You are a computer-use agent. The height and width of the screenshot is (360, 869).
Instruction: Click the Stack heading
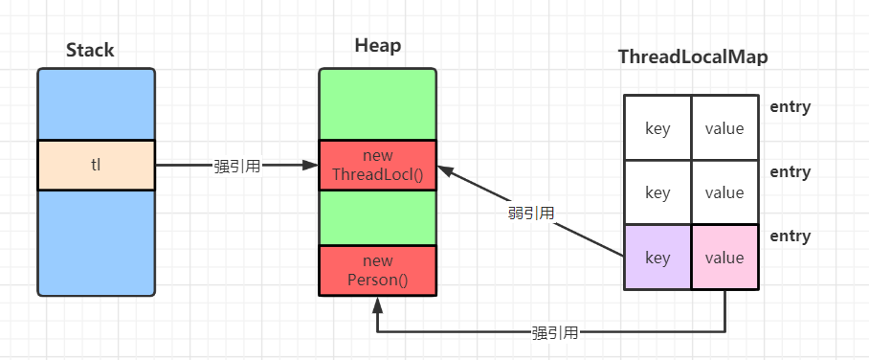(90, 51)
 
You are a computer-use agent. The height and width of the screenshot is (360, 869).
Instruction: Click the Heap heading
(377, 46)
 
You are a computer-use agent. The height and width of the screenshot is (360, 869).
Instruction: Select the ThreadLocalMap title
(693, 57)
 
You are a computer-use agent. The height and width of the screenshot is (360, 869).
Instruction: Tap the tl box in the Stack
(96, 165)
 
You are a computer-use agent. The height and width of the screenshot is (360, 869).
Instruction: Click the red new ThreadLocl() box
(377, 165)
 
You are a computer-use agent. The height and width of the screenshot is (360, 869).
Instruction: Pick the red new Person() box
(377, 270)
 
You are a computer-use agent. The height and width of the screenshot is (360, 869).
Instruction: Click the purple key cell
(657, 258)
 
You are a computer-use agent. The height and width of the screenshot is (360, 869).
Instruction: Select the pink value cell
(724, 258)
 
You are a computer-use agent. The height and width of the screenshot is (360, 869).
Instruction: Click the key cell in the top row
(657, 128)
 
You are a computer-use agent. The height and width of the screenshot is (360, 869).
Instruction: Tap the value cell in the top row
(724, 128)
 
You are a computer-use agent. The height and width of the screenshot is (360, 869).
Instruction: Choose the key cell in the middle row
(657, 192)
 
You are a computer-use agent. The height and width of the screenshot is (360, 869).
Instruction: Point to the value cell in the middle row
(724, 192)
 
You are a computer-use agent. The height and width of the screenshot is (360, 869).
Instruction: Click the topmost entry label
(790, 107)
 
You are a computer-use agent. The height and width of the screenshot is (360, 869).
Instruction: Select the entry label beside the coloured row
(790, 236)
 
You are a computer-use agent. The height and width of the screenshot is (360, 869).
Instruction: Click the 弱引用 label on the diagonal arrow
(530, 213)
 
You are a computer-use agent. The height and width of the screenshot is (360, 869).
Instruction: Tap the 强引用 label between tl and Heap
(236, 166)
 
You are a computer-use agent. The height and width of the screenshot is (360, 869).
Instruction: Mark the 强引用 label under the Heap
(554, 333)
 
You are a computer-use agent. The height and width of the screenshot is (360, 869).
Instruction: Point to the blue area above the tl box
(96, 103)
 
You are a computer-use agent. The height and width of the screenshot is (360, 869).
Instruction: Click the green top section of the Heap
(377, 103)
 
